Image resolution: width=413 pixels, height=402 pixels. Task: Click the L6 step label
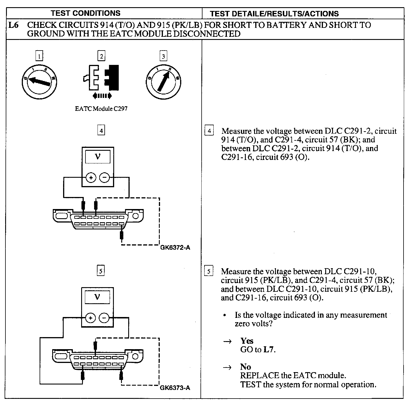(x=13, y=25)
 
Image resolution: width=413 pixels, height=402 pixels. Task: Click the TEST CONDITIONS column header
(x=85, y=13)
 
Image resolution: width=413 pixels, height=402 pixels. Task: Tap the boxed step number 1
(x=39, y=56)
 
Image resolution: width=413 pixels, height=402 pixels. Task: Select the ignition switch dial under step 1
(x=40, y=81)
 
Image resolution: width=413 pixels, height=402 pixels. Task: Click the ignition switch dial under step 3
(x=163, y=81)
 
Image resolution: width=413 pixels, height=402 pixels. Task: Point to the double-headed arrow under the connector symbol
(x=102, y=96)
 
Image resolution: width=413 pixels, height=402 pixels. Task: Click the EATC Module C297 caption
(x=101, y=109)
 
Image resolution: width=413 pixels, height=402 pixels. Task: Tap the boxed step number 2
(x=101, y=56)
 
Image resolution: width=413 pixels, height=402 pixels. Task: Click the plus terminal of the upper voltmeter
(x=91, y=178)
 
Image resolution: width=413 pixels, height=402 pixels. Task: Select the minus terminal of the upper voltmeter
(x=104, y=178)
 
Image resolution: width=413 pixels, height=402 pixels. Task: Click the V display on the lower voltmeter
(x=97, y=297)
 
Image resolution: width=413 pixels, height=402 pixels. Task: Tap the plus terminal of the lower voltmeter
(x=91, y=318)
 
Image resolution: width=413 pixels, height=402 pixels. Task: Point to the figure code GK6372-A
(x=175, y=248)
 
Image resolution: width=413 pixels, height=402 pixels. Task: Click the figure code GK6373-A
(x=175, y=388)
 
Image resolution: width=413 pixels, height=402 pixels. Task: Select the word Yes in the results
(x=247, y=341)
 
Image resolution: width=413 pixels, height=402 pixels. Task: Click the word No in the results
(x=246, y=367)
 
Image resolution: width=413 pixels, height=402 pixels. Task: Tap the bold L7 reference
(x=269, y=349)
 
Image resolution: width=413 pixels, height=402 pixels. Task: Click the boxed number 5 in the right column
(x=209, y=271)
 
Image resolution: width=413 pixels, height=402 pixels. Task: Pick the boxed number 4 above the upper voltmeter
(x=101, y=131)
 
